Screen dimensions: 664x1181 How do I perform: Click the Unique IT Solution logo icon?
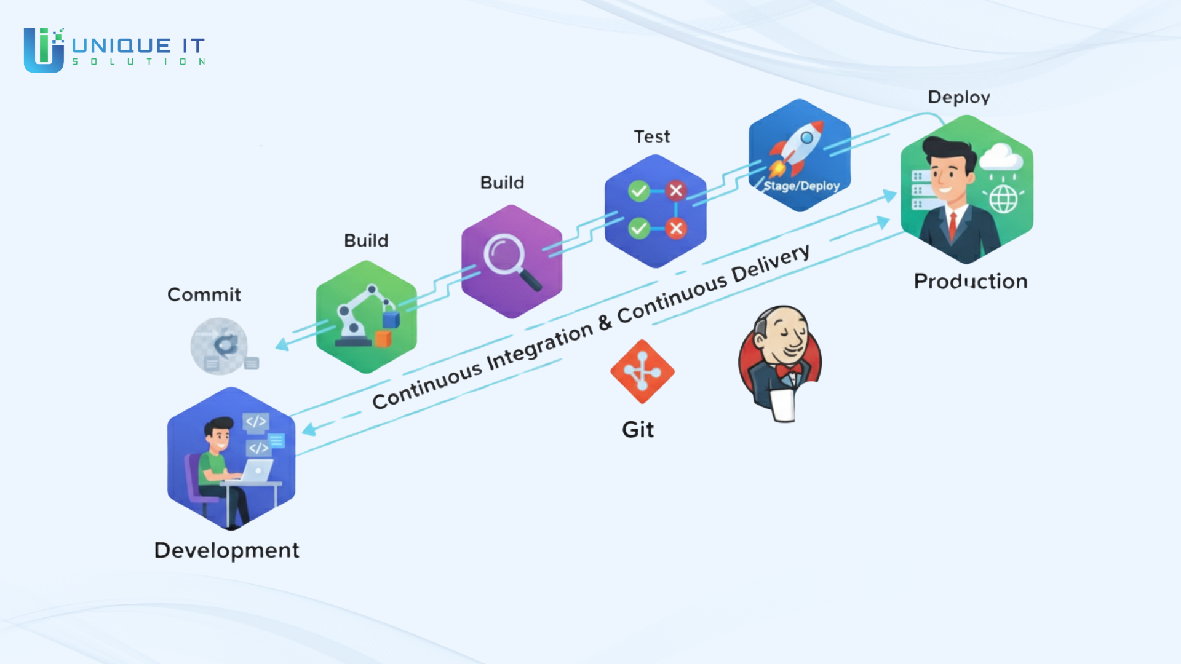tap(44, 49)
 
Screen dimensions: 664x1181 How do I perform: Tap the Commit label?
tap(204, 294)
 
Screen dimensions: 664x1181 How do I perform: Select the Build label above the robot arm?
tap(366, 240)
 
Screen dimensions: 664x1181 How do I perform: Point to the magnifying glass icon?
tap(511, 261)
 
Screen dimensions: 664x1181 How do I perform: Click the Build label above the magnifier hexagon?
tap(502, 183)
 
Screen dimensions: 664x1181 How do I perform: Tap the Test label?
tap(652, 136)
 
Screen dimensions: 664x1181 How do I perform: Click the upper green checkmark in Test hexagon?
tap(639, 191)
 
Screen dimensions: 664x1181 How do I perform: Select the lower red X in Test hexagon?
tap(676, 229)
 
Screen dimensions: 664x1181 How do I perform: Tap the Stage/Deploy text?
tap(801, 186)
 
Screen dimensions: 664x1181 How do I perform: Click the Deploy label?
tap(959, 97)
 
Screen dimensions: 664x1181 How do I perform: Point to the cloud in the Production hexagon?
tap(1001, 157)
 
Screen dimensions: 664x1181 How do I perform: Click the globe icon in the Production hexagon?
tap(1003, 199)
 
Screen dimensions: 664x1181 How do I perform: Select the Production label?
tap(971, 281)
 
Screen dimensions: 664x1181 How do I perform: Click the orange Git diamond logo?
tap(642, 371)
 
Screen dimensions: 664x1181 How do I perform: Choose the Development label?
tap(226, 550)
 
